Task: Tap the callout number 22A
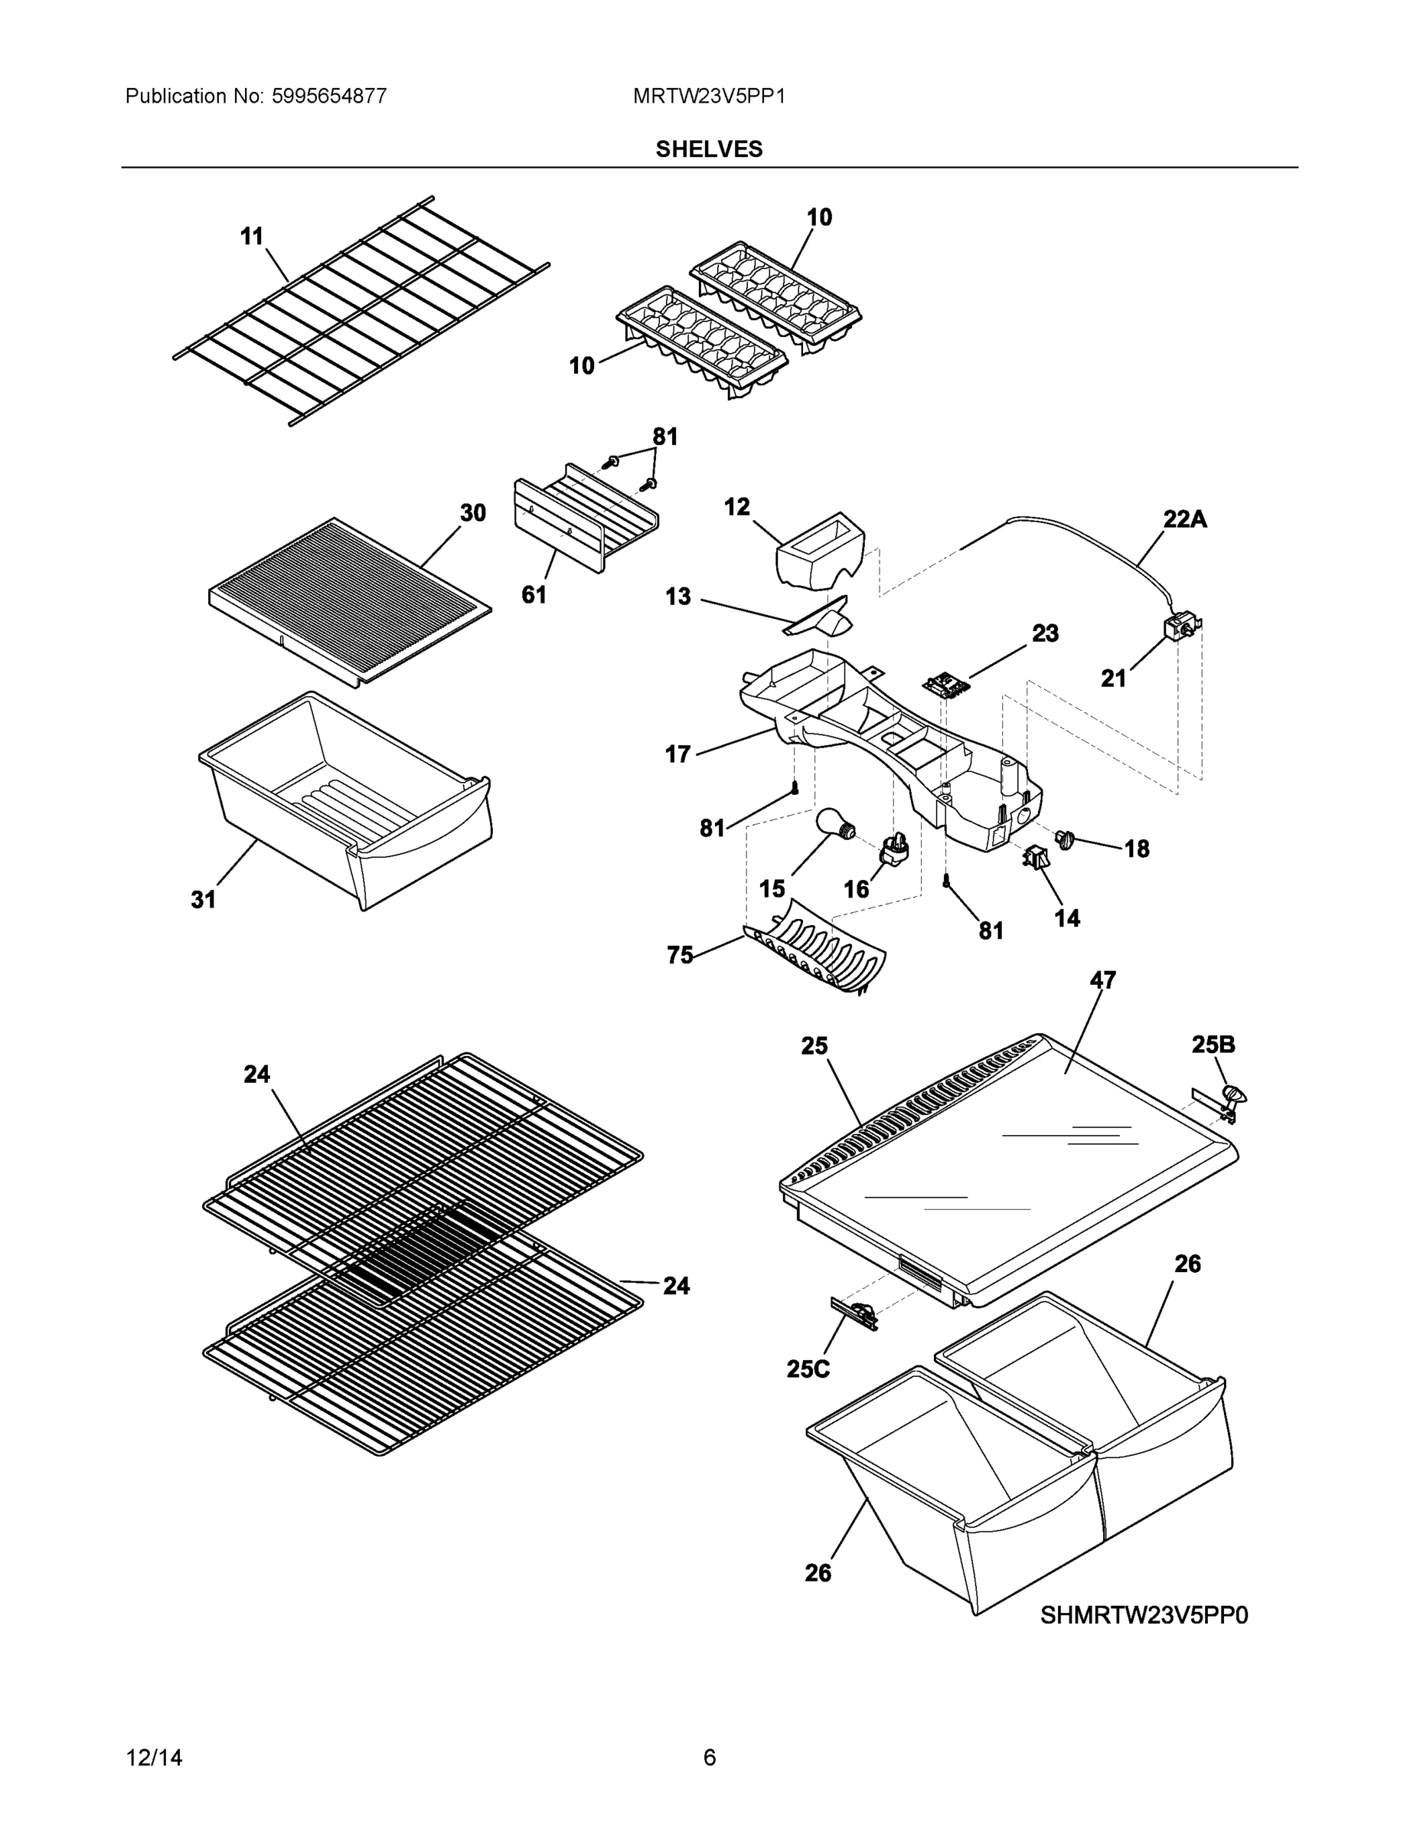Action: (x=1184, y=519)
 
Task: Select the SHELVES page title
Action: (x=709, y=149)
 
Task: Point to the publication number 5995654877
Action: (x=329, y=96)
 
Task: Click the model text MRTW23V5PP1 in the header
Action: (x=709, y=96)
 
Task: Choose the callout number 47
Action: (x=1103, y=980)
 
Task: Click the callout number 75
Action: (x=680, y=954)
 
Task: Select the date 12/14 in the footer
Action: (x=154, y=1758)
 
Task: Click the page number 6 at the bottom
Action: (x=709, y=1758)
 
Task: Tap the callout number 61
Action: (x=534, y=594)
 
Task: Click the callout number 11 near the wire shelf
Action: (x=252, y=237)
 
